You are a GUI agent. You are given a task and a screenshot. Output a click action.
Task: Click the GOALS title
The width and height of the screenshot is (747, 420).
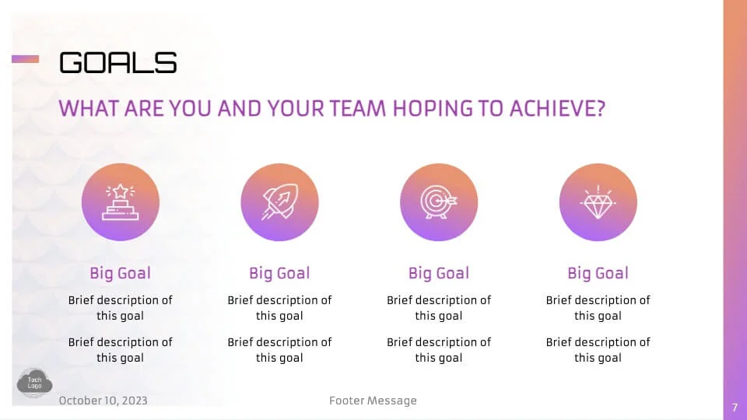click(117, 62)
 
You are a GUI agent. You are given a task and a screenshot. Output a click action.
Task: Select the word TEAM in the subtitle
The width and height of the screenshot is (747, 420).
click(357, 109)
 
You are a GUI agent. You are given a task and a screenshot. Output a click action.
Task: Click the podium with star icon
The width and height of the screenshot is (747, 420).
click(120, 202)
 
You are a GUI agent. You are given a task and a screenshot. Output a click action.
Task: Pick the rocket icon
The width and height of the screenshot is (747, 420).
click(279, 202)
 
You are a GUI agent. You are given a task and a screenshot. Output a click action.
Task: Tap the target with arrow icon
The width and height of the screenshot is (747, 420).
click(439, 202)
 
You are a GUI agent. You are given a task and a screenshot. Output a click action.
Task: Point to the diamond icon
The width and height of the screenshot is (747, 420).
click(598, 203)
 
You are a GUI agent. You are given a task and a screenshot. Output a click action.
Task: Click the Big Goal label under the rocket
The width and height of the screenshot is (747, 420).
click(279, 273)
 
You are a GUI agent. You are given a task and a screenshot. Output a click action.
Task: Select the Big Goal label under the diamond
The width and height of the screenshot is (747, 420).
click(598, 273)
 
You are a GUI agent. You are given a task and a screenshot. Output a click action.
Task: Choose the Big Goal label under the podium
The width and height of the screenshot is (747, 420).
click(120, 273)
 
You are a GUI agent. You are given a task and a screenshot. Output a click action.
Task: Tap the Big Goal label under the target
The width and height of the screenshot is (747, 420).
click(439, 273)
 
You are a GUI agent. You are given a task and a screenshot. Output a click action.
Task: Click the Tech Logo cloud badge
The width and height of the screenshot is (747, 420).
click(34, 383)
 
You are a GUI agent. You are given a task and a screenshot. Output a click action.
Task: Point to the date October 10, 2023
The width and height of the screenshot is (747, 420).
click(103, 401)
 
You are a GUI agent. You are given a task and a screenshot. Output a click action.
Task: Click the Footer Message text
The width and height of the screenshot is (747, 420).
click(373, 401)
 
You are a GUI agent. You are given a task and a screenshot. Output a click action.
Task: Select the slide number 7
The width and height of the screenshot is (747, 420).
click(735, 408)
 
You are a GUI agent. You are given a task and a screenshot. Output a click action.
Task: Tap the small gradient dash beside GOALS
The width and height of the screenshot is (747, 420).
click(25, 59)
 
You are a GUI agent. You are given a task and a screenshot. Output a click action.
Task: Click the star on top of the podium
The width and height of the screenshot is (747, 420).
click(120, 191)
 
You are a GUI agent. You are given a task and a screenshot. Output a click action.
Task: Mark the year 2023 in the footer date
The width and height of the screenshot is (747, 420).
click(135, 401)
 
